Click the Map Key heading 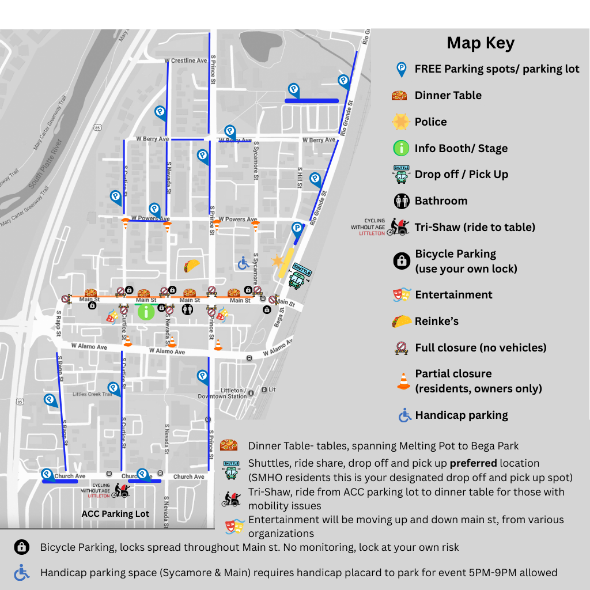[x=480, y=43]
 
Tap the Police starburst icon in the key [x=400, y=122]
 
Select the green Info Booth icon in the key [x=401, y=148]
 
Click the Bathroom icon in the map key [x=401, y=201]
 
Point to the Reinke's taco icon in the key [x=401, y=321]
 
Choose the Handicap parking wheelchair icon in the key [x=405, y=415]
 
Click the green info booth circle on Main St [x=146, y=312]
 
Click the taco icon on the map [x=191, y=265]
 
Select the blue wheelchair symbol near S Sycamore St [x=243, y=263]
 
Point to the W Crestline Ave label [x=186, y=60]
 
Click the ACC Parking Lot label [x=115, y=513]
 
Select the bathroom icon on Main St [x=187, y=310]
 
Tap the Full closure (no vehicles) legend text [x=481, y=347]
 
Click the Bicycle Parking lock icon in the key [x=402, y=261]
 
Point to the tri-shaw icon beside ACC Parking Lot [x=122, y=490]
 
